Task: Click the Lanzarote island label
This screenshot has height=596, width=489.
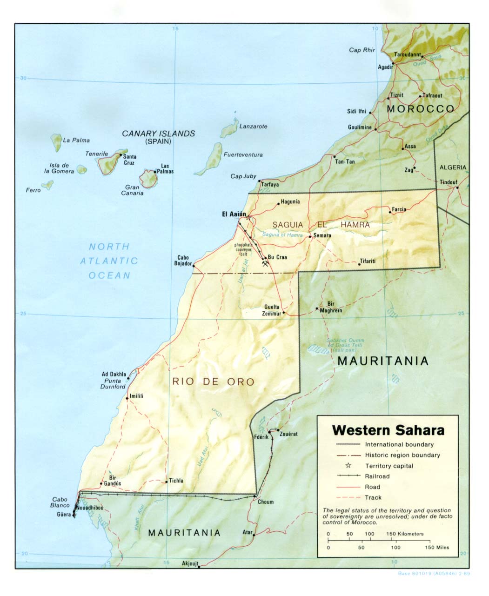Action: tap(253, 126)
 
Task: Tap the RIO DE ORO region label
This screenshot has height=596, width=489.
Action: tap(214, 382)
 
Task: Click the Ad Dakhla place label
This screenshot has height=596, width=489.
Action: tap(114, 374)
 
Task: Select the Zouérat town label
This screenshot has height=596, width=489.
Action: tap(288, 434)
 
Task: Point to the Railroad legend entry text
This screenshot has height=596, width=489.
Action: tap(377, 476)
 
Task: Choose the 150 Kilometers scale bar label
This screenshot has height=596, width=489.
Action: tap(405, 534)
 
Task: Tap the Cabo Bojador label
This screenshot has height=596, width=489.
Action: tap(183, 261)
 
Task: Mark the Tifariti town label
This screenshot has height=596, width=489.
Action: tap(368, 261)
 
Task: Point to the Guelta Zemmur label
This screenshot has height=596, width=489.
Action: tap(272, 310)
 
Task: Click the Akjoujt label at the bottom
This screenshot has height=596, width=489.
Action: tap(189, 563)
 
